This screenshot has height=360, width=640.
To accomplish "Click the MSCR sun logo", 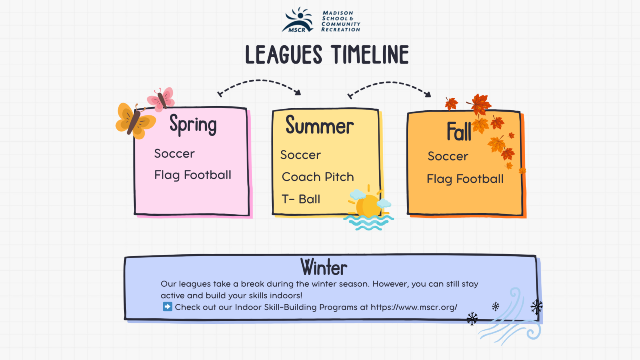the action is point(298,20).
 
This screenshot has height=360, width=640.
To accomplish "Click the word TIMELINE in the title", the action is point(370,54).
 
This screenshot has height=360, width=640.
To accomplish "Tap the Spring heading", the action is point(193,124).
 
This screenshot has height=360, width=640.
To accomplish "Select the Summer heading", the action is point(320,125).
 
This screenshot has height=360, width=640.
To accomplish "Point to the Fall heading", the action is point(459,131).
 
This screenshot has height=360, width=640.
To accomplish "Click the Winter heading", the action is point(324,267).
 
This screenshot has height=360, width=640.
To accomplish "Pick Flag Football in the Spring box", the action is point(192,175).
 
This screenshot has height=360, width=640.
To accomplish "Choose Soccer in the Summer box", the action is point(300,155).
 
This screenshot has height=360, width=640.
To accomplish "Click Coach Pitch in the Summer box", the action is point(318,177).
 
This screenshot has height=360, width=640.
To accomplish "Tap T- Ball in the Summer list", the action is point(301,199).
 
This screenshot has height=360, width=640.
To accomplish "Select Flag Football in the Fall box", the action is point(465,179).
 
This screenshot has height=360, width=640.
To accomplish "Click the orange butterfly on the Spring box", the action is point(136,121).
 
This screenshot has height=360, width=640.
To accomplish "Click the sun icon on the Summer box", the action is point(368,208).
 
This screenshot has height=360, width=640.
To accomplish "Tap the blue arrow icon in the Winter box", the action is point(168,306).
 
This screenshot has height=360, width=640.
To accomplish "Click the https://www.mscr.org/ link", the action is point(414,307).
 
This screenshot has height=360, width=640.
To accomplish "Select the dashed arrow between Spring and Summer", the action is point(259,80).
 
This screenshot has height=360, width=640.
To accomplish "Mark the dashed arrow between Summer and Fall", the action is point(389,82).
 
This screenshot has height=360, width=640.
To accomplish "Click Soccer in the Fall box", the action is point(448,156).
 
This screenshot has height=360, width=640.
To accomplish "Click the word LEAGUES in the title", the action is point(284,54).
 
